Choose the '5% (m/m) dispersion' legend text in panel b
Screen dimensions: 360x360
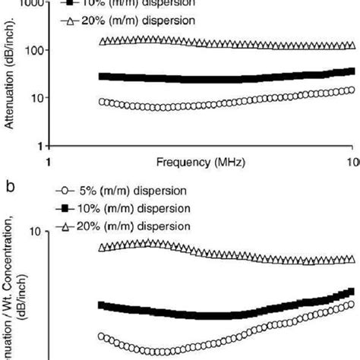(x=134, y=190)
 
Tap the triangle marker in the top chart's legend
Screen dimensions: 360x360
(x=68, y=21)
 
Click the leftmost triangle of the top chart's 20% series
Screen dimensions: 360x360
(x=103, y=41)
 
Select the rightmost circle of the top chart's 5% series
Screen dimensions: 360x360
(x=350, y=90)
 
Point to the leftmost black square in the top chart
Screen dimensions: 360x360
(x=103, y=76)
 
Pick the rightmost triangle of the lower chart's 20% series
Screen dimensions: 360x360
(x=351, y=259)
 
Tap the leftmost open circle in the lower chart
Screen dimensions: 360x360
(x=103, y=336)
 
